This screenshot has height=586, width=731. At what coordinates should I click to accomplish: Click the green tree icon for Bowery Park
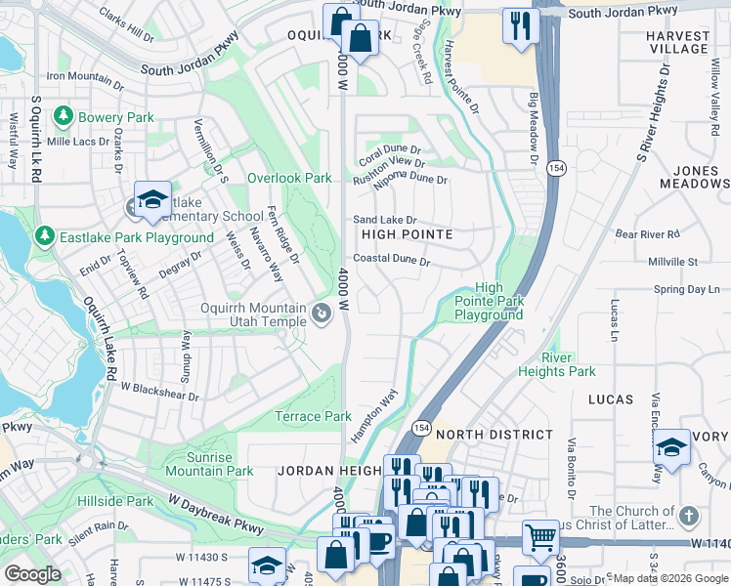pyautogui.click(x=64, y=117)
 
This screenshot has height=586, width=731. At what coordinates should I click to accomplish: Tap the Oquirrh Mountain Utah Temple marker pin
pyautogui.click(x=322, y=313)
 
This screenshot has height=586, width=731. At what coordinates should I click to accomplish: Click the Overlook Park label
pyautogui.click(x=289, y=179)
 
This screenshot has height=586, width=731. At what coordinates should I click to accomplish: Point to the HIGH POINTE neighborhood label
pyautogui.click(x=407, y=235)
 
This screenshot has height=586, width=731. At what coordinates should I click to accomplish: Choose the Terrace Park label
pyautogui.click(x=313, y=416)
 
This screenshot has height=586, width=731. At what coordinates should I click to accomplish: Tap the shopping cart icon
pyautogui.click(x=540, y=536)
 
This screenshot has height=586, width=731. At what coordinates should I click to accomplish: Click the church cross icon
pyautogui.click(x=688, y=515)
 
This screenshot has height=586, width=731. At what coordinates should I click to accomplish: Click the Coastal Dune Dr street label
pyautogui.click(x=392, y=261)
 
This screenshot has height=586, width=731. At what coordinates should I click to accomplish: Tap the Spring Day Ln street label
pyautogui.click(x=686, y=290)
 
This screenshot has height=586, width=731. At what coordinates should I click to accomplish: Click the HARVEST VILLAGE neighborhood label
pyautogui.click(x=677, y=41)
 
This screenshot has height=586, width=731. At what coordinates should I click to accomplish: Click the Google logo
pyautogui.click(x=31, y=574)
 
